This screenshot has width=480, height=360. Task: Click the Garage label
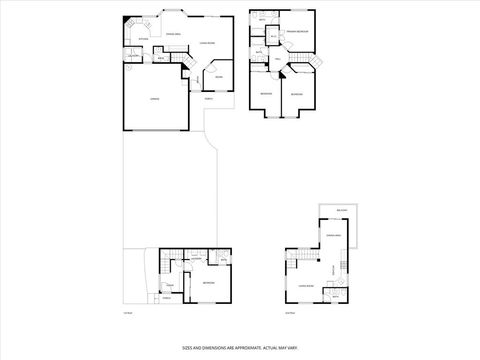pyautogui.click(x=155, y=99)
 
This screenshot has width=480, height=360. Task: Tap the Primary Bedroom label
pyautogui.click(x=298, y=33)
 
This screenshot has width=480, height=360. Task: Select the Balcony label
pyautogui.click(x=342, y=210)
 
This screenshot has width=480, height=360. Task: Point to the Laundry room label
pyautogui.click(x=133, y=55)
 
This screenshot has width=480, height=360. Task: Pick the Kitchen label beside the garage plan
pyautogui.click(x=143, y=38)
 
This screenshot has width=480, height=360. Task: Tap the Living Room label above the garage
pyautogui.click(x=207, y=43)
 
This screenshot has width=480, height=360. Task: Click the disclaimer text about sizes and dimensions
pyautogui.click(x=240, y=348)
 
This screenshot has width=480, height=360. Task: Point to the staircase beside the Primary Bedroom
pyautogui.click(x=309, y=63)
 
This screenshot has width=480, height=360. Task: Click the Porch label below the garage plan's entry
pyautogui.click(x=209, y=97)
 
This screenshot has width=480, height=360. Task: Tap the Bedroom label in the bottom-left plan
pyautogui.click(x=208, y=283)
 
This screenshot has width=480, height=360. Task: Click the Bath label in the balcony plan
pyautogui.click(x=335, y=296)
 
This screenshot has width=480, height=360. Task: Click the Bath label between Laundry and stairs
pyautogui.click(x=161, y=58)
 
